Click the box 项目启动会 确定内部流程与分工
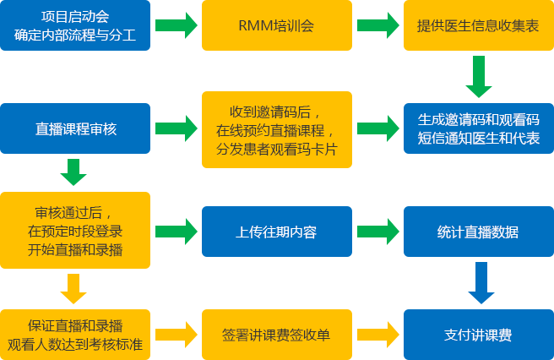pyautogui.click(x=75, y=25)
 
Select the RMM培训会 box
pyautogui.click(x=276, y=25)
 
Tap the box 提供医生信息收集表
pyautogui.click(x=477, y=25)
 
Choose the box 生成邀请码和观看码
pyautogui.click(x=477, y=128)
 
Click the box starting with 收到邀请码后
pyautogui.click(x=276, y=129)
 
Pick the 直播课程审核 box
pyautogui.click(x=75, y=128)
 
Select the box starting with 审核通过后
pyautogui.click(x=75, y=228)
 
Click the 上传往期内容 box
pyautogui.click(x=276, y=231)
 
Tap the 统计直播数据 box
pyautogui.click(x=477, y=231)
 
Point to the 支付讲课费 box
pyautogui.click(x=477, y=334)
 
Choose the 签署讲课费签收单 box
pyautogui.click(x=276, y=334)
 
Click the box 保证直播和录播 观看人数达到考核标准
pyautogui.click(x=75, y=334)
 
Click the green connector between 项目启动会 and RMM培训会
pyautogui.click(x=176, y=25)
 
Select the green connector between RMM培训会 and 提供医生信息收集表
pyautogui.click(x=377, y=25)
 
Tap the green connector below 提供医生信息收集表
pyautogui.click(x=478, y=76)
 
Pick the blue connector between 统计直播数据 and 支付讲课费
pyautogui.click(x=480, y=282)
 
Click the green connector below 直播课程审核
pyautogui.click(x=73, y=172)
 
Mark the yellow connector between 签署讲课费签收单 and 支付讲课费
pyautogui.click(x=377, y=334)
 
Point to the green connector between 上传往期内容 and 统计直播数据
pyautogui.click(x=377, y=231)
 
